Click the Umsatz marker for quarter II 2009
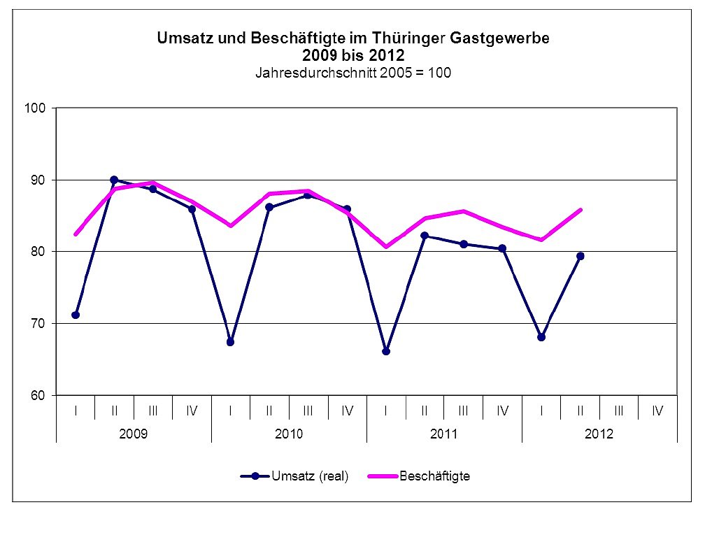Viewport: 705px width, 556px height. (x=114, y=180)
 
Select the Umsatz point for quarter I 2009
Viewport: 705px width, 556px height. (x=76, y=315)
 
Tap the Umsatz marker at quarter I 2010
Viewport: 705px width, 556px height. (x=230, y=342)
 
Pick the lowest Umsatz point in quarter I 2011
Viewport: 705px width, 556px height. (x=386, y=351)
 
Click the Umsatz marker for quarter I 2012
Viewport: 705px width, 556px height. (x=541, y=337)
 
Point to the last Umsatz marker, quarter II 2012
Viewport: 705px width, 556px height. (x=581, y=256)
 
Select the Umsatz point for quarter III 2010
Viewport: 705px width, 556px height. (x=308, y=195)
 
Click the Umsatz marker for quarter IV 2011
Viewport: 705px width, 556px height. (x=502, y=248)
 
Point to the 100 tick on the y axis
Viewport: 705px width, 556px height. (x=36, y=108)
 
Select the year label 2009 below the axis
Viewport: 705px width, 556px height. (x=134, y=434)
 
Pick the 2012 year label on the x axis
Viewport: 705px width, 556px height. (x=599, y=434)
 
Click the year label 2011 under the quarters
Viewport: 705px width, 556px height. (x=444, y=434)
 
